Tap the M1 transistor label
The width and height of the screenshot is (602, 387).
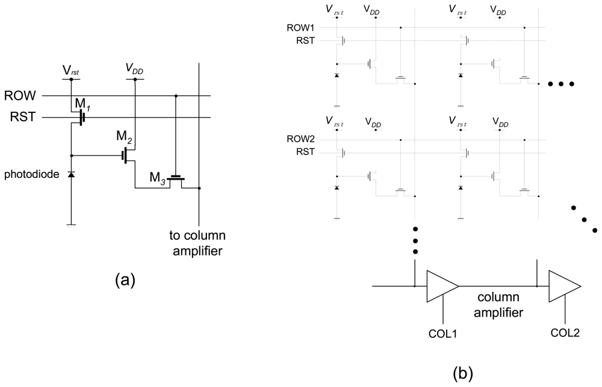point(82,105)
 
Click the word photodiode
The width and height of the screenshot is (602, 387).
point(32,174)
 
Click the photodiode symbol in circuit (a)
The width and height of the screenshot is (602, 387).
point(71,174)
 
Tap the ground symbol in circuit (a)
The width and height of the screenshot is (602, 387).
point(71,225)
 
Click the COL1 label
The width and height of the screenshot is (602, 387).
point(442,332)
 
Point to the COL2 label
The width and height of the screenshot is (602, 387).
point(565,332)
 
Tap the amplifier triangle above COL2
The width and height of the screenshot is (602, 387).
point(563,286)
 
